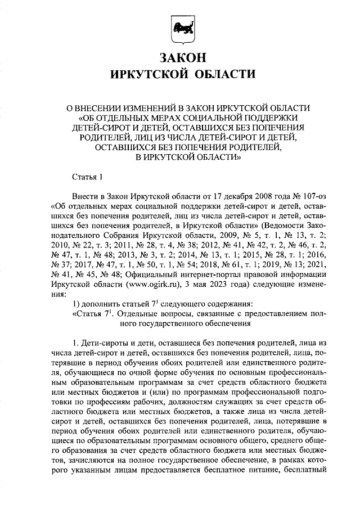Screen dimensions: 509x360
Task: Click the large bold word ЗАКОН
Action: click(x=180, y=58)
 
